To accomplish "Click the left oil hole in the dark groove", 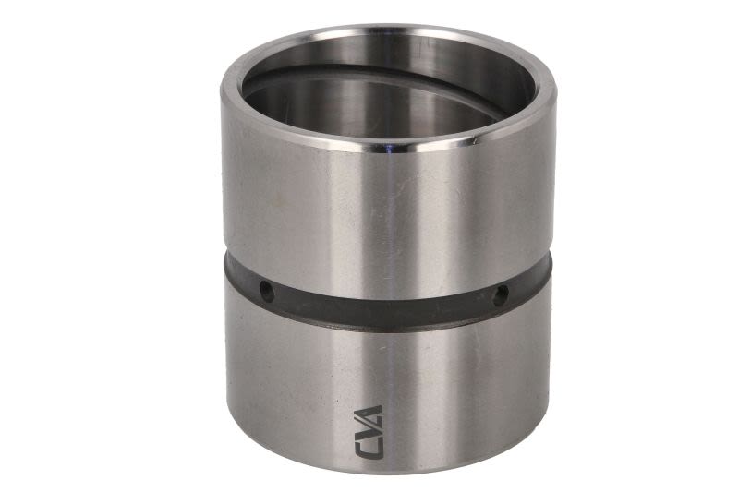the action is point(267,292).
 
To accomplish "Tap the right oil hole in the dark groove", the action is point(500,294).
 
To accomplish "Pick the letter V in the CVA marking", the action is point(368,431).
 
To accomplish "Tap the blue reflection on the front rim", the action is point(389,150).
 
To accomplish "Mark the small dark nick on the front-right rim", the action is point(475,138).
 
